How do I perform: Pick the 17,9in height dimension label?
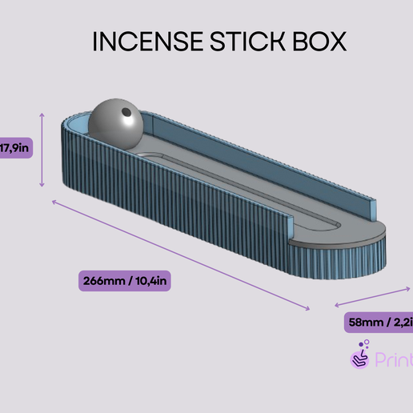click(15, 147)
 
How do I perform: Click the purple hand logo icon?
click(361, 355)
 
